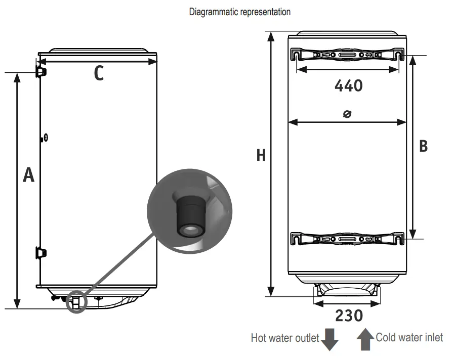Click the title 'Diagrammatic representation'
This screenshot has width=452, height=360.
point(239,12)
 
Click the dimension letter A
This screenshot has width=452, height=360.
point(29,175)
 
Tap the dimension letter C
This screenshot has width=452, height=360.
point(99,74)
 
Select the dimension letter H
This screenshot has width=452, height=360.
point(261,155)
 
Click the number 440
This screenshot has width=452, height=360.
point(348,85)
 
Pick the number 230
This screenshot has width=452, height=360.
point(349,316)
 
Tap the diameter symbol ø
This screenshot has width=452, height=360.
point(347,114)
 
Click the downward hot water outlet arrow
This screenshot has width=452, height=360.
point(330,339)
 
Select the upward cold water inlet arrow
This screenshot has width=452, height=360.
point(365,339)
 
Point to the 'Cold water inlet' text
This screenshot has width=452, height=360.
point(409,337)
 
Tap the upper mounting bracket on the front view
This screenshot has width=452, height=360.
point(347,55)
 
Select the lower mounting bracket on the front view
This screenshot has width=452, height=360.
point(347,238)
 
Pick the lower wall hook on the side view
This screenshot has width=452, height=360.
point(40,252)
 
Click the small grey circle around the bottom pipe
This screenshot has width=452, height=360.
point(77,302)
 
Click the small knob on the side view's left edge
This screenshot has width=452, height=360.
point(45,138)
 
